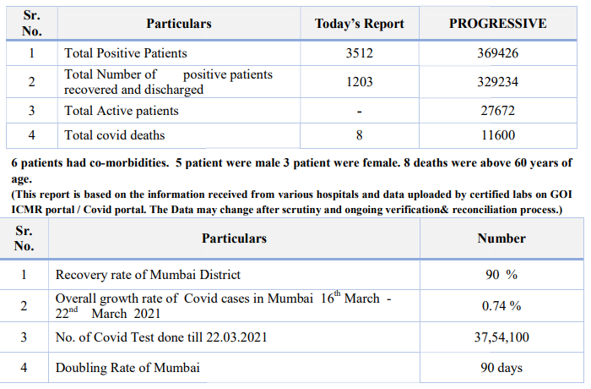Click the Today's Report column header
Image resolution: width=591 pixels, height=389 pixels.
[x=359, y=24]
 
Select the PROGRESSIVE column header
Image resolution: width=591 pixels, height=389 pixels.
[x=497, y=24]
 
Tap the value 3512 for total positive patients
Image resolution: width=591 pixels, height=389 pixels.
[x=359, y=53]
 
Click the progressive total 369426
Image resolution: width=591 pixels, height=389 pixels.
[x=497, y=53]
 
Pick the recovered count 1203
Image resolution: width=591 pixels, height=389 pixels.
[x=359, y=82]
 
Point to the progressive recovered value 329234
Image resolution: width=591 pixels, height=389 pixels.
[x=497, y=82]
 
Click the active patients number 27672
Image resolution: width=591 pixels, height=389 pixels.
[x=497, y=111]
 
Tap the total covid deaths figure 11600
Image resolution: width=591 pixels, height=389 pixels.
[x=497, y=135]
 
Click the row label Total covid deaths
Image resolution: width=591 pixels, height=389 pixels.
[x=114, y=135]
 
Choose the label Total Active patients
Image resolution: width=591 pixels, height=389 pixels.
[x=122, y=111]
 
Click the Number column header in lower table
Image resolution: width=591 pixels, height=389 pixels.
[x=502, y=238]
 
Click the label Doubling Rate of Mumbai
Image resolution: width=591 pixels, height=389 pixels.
[x=127, y=368]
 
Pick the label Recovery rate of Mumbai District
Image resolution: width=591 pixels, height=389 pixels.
[x=148, y=275]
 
